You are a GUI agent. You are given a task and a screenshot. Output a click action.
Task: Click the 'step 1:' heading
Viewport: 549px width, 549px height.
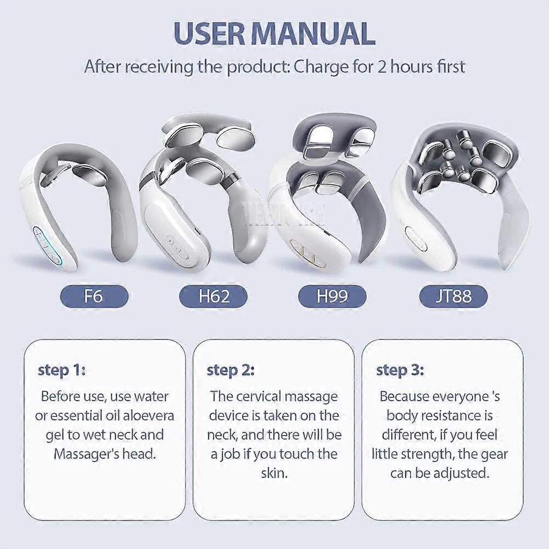coord(61,370)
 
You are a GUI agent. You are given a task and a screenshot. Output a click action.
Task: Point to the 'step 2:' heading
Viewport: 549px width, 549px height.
coord(230,370)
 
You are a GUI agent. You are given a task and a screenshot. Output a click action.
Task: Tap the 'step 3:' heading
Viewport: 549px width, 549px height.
coord(400,370)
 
